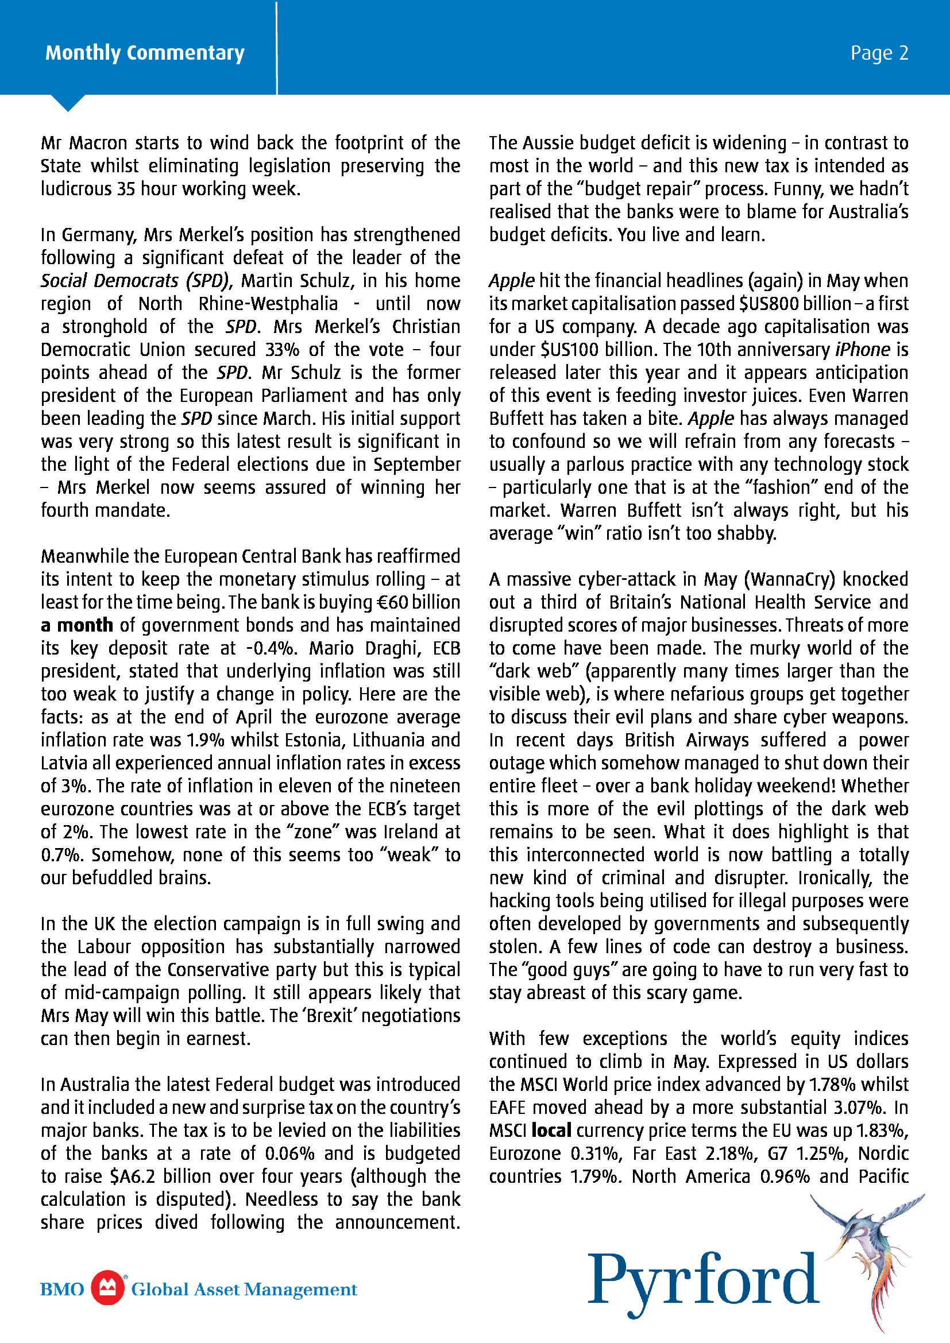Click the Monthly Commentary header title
coord(145,53)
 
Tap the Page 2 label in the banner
coord(879,53)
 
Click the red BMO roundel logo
coord(107,1288)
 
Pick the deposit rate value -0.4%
coord(272,648)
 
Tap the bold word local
coord(551,1130)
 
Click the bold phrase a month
coord(76,625)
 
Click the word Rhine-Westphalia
coord(268,304)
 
